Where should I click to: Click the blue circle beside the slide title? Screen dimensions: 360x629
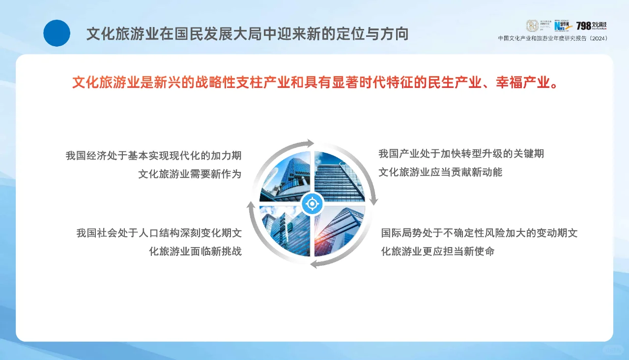coord(57,33)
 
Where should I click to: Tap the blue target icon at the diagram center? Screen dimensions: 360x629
coord(312,203)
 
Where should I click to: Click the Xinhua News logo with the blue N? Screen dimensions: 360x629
coord(563,26)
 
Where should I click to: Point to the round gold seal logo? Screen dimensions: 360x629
coord(533,26)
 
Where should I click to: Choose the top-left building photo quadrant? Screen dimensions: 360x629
coord(287,178)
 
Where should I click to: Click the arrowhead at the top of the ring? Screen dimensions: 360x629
coord(310,143)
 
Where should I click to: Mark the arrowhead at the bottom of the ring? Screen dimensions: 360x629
coord(315,264)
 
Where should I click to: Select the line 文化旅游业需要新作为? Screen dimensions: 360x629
coord(190,174)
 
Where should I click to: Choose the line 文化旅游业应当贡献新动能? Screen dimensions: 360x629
coord(440,172)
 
